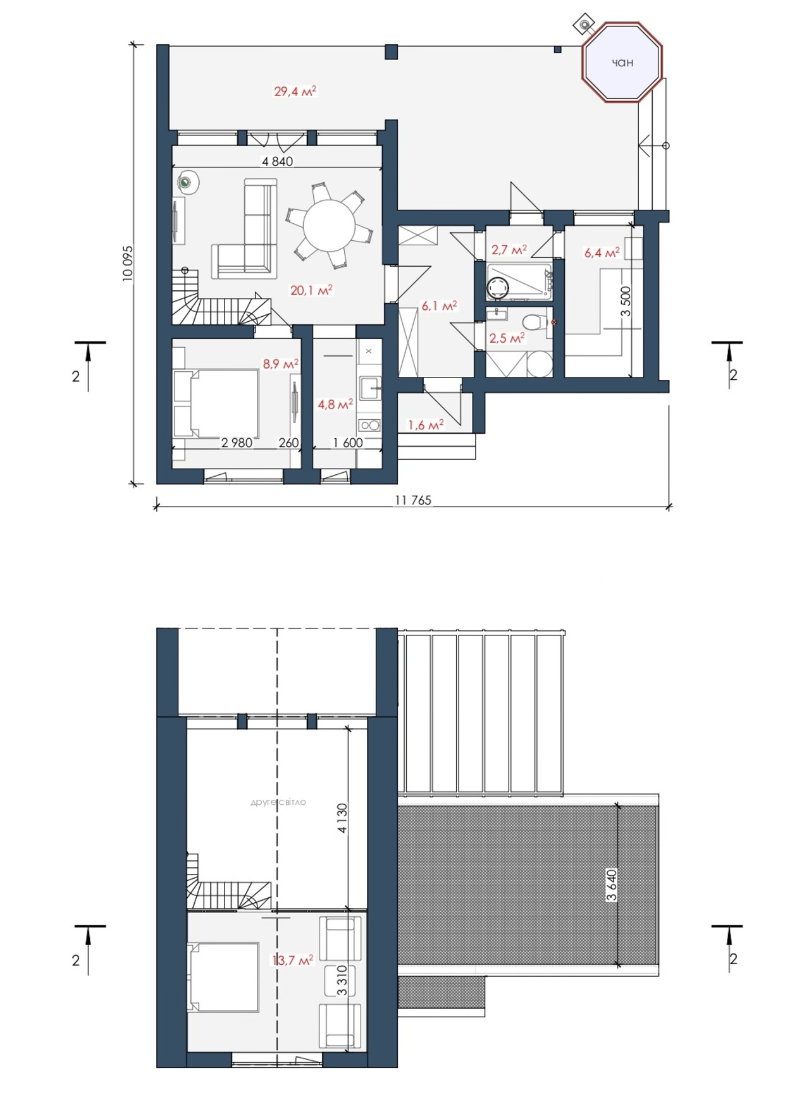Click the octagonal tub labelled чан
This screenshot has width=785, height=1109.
point(622,62)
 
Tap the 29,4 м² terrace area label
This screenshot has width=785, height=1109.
point(295,91)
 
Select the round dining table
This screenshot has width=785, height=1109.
point(329,225)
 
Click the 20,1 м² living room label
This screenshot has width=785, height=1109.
point(311,290)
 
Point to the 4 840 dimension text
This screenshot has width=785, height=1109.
point(278,161)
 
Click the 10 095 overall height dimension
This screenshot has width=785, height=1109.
point(128,263)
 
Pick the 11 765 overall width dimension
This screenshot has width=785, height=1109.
point(413,500)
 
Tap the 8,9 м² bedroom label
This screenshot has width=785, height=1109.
point(281,364)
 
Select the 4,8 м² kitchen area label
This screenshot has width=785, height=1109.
point(335,404)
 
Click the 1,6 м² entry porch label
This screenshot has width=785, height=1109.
point(426,425)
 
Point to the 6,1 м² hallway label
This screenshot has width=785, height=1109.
point(439,306)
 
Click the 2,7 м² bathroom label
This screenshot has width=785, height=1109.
point(509,250)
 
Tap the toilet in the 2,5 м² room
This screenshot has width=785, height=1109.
point(535,322)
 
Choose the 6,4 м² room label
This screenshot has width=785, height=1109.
point(602,253)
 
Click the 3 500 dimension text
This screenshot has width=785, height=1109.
point(626,302)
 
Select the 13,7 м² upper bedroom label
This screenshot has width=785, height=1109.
point(293,960)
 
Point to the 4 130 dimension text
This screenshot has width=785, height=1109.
point(342,818)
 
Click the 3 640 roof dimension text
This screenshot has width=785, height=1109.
point(611,885)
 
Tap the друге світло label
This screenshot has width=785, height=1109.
point(278,802)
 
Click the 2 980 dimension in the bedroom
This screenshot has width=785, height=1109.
point(237,443)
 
